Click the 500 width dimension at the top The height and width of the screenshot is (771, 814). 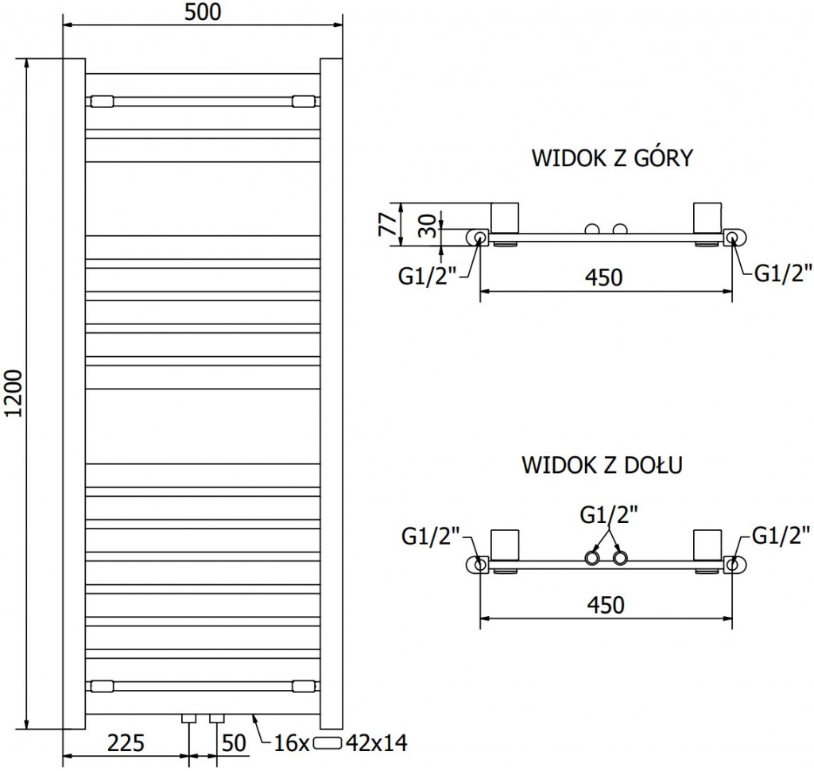pos(203,12)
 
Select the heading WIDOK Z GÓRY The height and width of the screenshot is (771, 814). pos(612,159)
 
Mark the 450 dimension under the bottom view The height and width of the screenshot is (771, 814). pos(605,604)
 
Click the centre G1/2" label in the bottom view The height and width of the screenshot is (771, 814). pos(608,516)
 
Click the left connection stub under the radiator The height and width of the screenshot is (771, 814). pos(189,719)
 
